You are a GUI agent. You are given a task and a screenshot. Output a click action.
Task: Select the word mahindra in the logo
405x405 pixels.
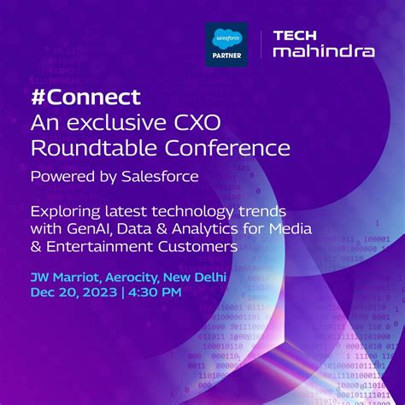click(323, 51)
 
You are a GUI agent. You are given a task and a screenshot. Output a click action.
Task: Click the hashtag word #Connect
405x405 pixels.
click(85, 97)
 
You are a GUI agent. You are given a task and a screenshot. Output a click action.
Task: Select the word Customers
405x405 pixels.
click(202, 246)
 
